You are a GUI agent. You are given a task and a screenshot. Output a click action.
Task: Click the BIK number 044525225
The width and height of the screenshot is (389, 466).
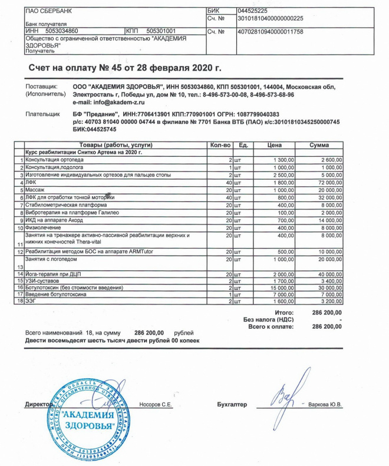(252, 11)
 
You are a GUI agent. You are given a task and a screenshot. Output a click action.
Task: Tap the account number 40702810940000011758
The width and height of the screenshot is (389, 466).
(270, 31)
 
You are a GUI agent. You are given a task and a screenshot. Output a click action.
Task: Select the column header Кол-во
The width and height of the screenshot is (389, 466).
(219, 145)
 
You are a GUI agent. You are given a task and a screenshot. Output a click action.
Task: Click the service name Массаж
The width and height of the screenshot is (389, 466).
(35, 190)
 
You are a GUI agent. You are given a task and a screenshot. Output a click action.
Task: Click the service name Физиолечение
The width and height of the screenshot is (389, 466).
(44, 227)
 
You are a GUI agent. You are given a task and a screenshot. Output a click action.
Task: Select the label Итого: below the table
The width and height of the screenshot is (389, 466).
(284, 312)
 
